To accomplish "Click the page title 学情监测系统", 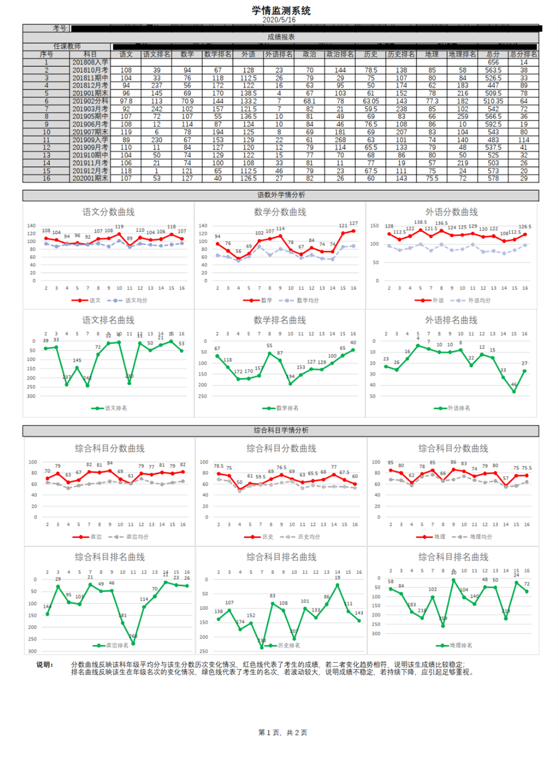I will [x=281, y=11].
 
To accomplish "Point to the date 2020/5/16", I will [x=279, y=20].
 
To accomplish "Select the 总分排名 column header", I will [x=523, y=54].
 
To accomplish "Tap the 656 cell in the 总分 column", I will [x=492, y=63].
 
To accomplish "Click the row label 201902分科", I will [x=90, y=102].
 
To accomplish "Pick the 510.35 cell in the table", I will [x=492, y=102].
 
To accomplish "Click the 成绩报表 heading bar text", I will [x=281, y=37].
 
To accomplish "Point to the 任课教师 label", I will [x=67, y=47].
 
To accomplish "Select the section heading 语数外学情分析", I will [x=281, y=195].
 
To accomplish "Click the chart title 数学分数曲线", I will [x=280, y=212].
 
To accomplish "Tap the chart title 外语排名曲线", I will [x=451, y=321].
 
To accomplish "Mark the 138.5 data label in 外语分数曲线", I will [x=420, y=223].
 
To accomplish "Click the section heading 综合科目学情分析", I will [x=281, y=431].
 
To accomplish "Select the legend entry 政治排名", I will [x=117, y=646].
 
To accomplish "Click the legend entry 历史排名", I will [x=289, y=646].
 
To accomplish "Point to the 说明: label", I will [x=45, y=665].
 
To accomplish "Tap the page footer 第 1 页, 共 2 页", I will [x=283, y=733].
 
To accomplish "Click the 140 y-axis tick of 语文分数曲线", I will [x=32, y=226].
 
